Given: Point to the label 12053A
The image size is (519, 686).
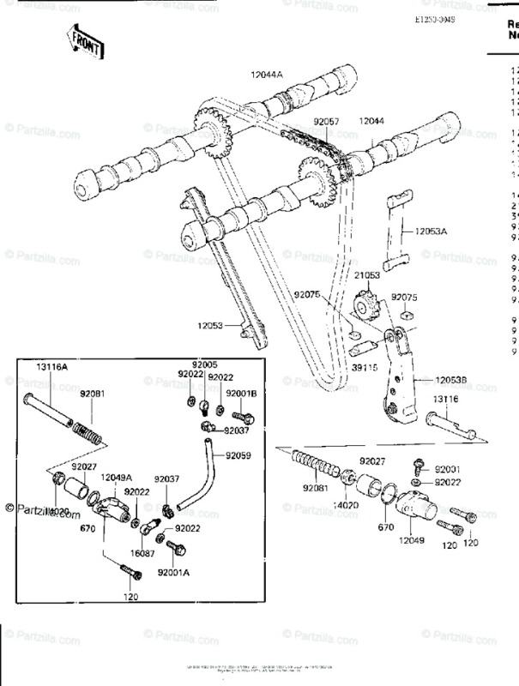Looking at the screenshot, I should [432, 231].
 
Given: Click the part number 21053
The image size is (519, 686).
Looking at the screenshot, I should [368, 275].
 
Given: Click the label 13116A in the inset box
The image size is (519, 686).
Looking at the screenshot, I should [51, 366].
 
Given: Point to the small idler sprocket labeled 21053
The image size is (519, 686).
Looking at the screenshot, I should [366, 304].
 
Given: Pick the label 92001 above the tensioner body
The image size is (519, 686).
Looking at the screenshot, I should [447, 469].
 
